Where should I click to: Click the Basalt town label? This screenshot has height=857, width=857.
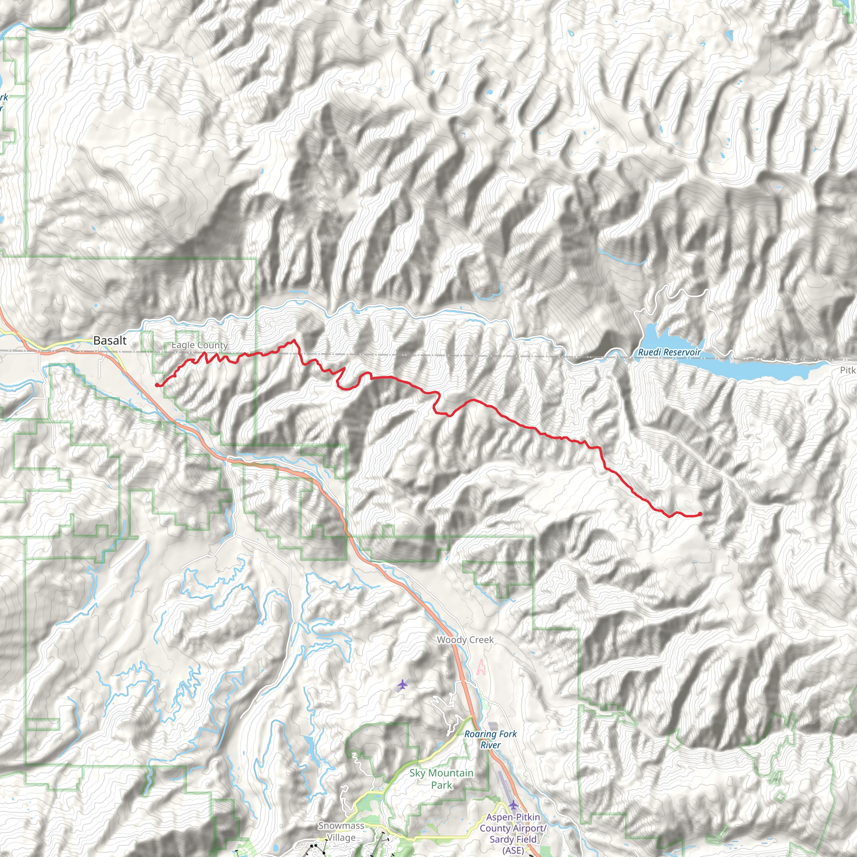(x=110, y=341)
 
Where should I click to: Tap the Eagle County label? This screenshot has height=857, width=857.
(x=200, y=345)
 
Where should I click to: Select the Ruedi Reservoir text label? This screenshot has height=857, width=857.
(x=670, y=352)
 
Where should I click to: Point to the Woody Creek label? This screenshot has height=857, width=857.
(x=465, y=640)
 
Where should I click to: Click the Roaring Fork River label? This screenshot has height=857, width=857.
(x=490, y=739)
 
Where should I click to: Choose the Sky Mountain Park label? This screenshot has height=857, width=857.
(x=441, y=779)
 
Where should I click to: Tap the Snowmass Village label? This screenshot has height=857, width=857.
(x=341, y=832)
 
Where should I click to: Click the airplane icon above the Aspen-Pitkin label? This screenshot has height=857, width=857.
(x=513, y=804)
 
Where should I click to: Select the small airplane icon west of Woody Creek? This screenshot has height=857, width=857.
(x=402, y=685)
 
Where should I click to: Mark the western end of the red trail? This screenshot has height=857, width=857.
(x=157, y=385)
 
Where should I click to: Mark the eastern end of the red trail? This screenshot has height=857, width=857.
(x=700, y=514)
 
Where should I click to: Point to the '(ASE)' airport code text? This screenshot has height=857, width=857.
(x=513, y=850)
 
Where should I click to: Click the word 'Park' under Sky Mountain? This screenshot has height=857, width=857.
(x=441, y=785)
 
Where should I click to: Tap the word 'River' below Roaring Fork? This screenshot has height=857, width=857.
(x=490, y=745)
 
